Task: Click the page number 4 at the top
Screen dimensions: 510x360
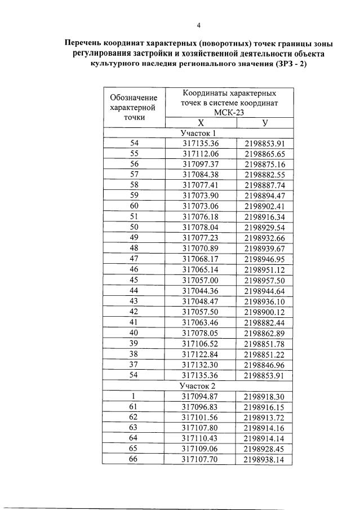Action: [198, 25]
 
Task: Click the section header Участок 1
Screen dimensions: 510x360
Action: [198, 134]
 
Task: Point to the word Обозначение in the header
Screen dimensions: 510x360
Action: [134, 97]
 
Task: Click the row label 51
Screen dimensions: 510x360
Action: [134, 216]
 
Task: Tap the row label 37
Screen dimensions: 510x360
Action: [134, 365]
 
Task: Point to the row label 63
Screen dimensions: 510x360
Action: [134, 428]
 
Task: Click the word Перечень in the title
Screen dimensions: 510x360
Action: [85, 43]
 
